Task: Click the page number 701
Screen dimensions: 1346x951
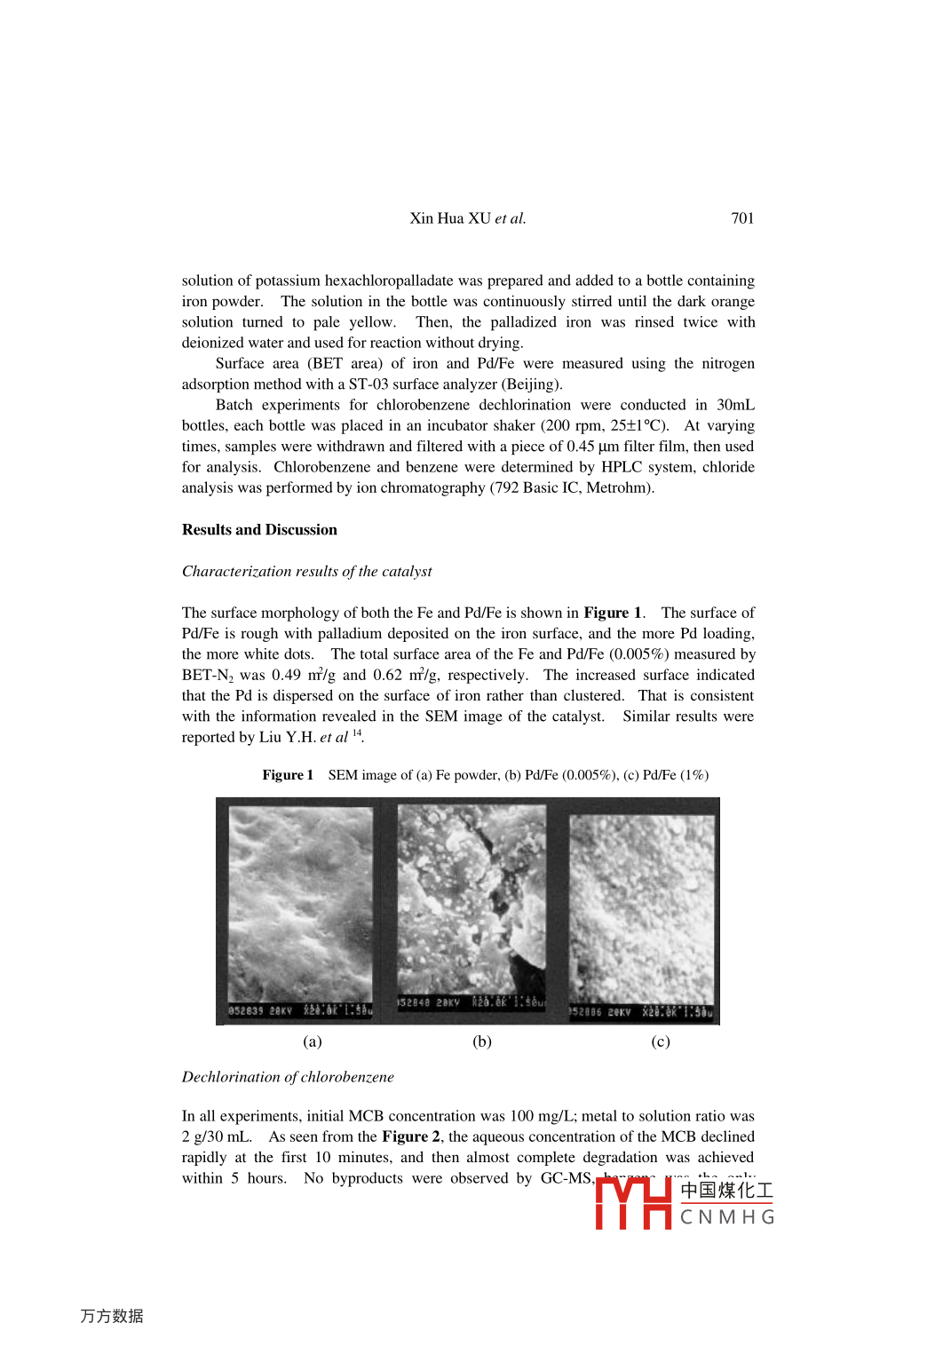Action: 742,218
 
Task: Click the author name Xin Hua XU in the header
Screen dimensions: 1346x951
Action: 450,218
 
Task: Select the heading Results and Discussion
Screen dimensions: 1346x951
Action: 259,530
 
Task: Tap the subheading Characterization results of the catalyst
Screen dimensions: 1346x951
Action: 306,572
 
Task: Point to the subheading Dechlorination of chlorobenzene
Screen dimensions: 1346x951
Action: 288,1077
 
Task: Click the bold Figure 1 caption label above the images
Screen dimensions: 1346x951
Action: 288,775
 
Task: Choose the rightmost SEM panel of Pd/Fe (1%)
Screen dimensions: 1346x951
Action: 641,910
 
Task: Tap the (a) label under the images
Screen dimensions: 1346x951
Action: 313,1041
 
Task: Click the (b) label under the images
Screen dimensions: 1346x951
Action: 482,1041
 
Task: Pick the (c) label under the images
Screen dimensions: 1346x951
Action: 661,1041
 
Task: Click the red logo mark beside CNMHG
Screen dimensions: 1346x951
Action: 633,1203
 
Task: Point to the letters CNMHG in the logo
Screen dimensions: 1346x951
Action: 727,1217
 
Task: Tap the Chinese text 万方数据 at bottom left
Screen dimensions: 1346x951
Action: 112,1316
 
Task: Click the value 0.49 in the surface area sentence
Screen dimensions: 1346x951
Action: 286,676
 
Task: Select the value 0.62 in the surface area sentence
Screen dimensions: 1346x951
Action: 387,676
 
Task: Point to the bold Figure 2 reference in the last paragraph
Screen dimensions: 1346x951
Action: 411,1137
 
